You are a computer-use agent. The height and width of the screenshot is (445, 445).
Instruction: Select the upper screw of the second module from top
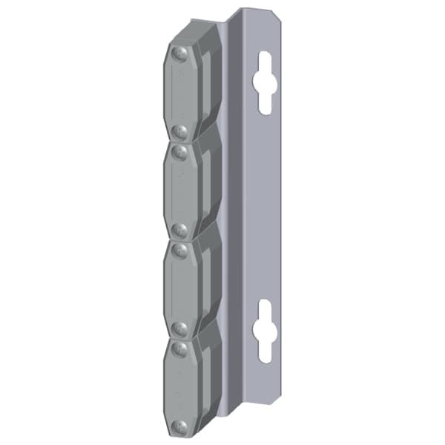pyautogui.click(x=179, y=152)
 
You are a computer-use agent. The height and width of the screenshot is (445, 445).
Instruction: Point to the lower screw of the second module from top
pyautogui.click(x=179, y=229)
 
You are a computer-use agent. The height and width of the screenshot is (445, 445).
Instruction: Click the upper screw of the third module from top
pyautogui.click(x=179, y=250)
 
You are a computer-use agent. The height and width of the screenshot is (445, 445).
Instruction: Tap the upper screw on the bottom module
pyautogui.click(x=179, y=347)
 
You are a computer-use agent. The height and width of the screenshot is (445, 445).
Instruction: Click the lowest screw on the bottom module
pyautogui.click(x=179, y=426)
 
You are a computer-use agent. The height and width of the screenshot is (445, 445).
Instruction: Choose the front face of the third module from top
pyautogui.click(x=179, y=289)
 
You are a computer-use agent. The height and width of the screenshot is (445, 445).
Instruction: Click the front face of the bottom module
pyautogui.click(x=179, y=386)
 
